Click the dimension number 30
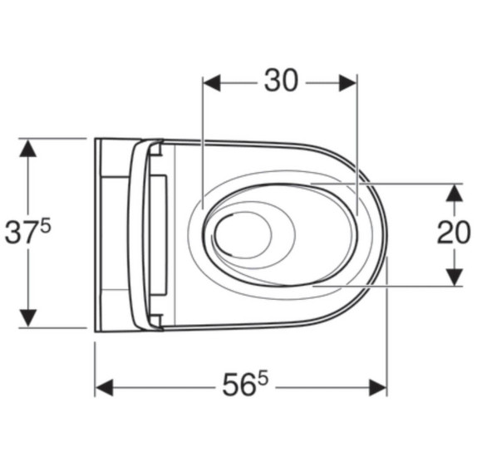(x=281, y=81)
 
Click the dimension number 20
(x=454, y=232)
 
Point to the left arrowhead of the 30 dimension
(x=212, y=82)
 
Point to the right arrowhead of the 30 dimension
(x=347, y=82)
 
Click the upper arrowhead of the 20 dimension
(x=455, y=193)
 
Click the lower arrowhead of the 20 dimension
(x=455, y=277)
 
